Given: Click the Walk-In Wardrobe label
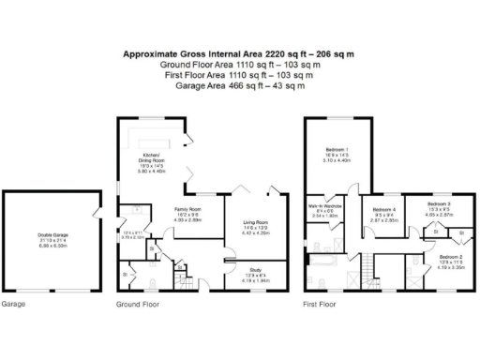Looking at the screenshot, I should click(x=324, y=206).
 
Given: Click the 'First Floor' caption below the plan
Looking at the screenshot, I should click(x=320, y=305).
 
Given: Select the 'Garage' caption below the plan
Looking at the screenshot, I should click(x=13, y=305).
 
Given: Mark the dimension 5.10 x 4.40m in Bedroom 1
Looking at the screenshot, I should click(x=336, y=160).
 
